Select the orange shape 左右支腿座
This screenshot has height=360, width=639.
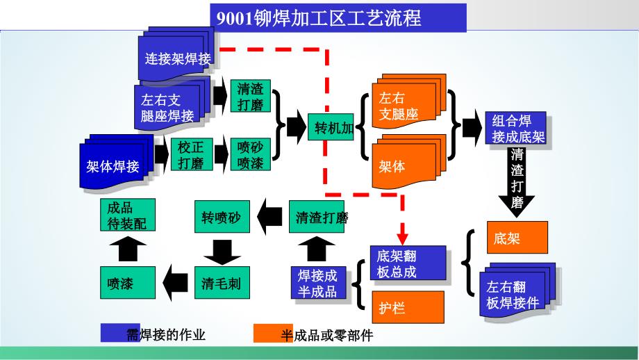406,106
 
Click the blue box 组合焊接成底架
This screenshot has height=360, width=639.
514,129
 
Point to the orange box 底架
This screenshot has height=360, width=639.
517,239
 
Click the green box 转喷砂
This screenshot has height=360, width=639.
220,218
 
